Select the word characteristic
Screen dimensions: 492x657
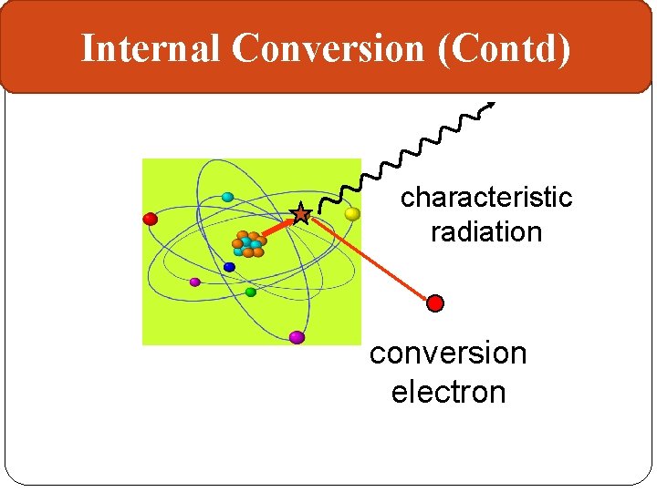point(485,198)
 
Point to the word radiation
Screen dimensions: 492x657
point(485,232)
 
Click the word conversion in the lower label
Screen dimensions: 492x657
point(448,353)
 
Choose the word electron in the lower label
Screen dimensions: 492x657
point(448,392)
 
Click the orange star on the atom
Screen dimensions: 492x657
point(300,214)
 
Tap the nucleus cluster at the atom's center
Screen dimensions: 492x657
point(248,244)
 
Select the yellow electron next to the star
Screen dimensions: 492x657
point(352,214)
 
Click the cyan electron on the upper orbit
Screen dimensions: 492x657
point(227,197)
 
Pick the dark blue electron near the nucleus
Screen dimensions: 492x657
point(229,267)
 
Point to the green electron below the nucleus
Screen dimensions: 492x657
point(251,292)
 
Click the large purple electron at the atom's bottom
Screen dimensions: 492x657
point(297,337)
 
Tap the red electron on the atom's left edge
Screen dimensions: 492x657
point(151,219)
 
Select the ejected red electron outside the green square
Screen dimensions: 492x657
point(436,302)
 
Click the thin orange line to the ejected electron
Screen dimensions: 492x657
point(370,259)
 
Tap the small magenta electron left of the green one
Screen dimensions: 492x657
point(194,282)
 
